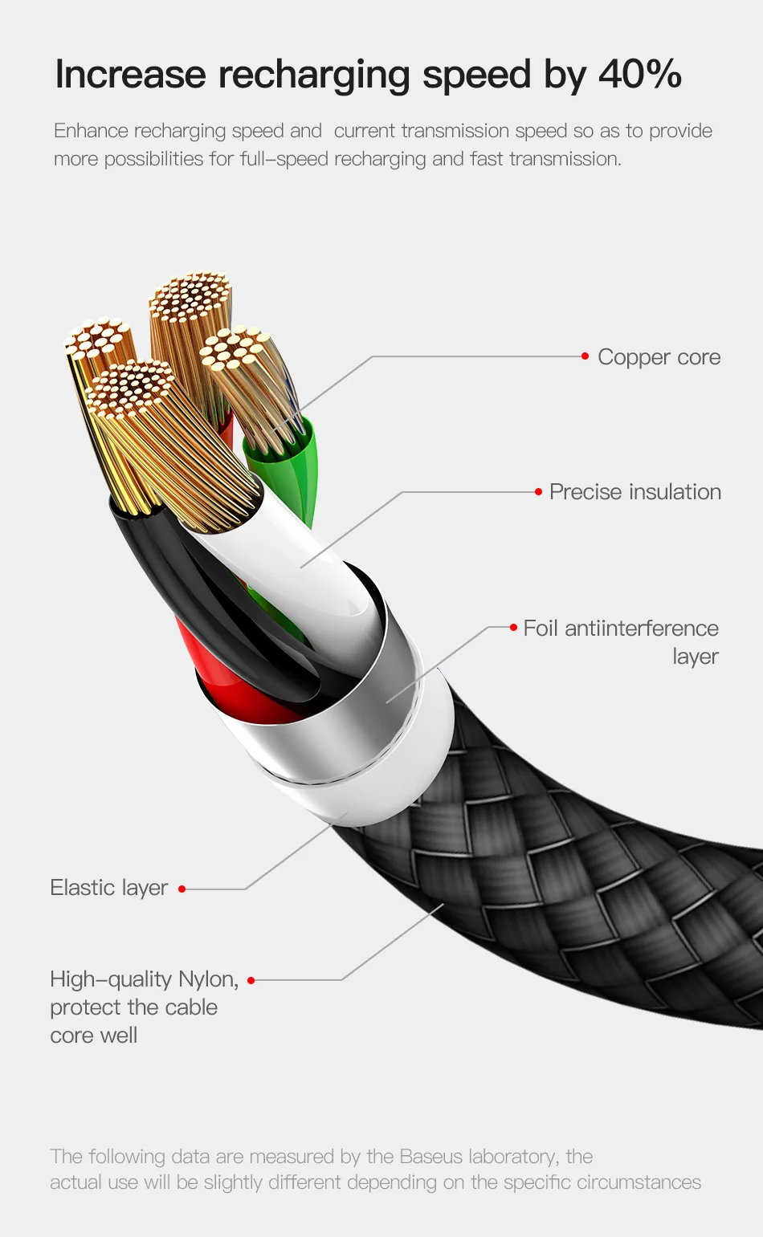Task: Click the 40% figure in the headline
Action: (x=639, y=75)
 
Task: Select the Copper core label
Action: (x=659, y=357)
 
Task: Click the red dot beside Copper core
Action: (x=586, y=356)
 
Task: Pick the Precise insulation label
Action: (x=634, y=492)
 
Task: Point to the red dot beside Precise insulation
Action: (x=538, y=492)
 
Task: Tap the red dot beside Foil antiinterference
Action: (x=513, y=627)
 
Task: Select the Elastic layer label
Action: (x=109, y=888)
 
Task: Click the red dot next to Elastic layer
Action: (x=182, y=889)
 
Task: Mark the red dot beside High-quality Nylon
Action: (x=251, y=980)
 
